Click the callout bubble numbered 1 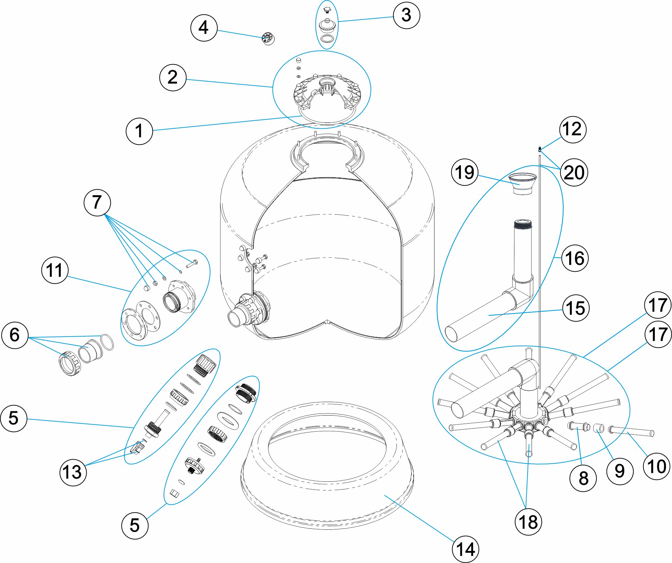click(x=139, y=131)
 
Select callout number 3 click(x=406, y=15)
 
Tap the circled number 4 click(x=204, y=28)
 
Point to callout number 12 click(x=573, y=129)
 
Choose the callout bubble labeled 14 click(x=465, y=549)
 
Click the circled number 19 click(x=464, y=172)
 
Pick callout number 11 click(x=54, y=270)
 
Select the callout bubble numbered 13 click(x=73, y=472)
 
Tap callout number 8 click(x=583, y=478)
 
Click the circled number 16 click(x=575, y=258)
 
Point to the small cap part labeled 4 click(x=268, y=39)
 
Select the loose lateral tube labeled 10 click(x=632, y=431)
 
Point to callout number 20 click(x=574, y=172)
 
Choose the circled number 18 click(x=528, y=522)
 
